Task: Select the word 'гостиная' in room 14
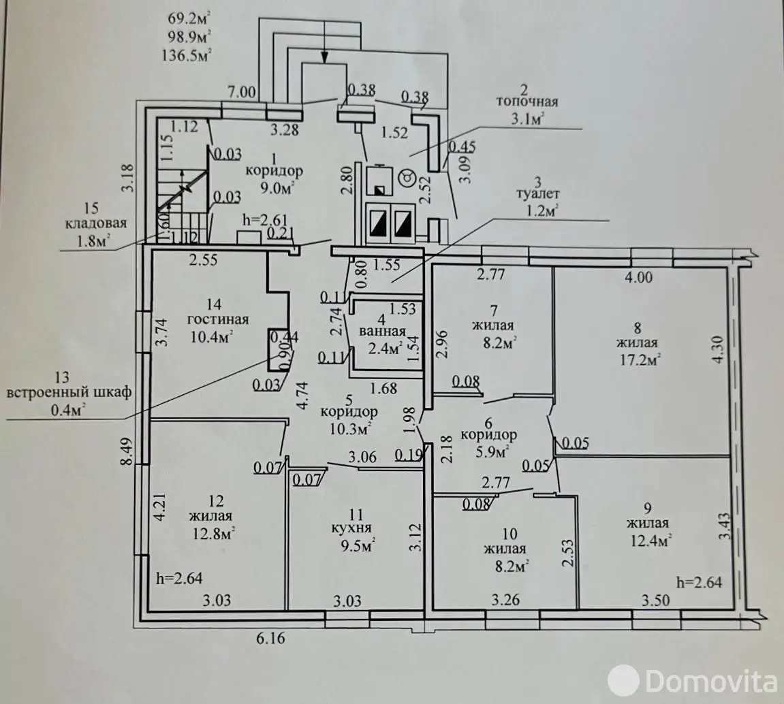click(x=219, y=319)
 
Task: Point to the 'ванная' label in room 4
click(x=383, y=332)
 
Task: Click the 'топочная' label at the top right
click(x=527, y=102)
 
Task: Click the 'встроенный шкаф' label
click(x=69, y=392)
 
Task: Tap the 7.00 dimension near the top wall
click(x=242, y=92)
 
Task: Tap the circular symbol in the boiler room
click(x=405, y=178)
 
